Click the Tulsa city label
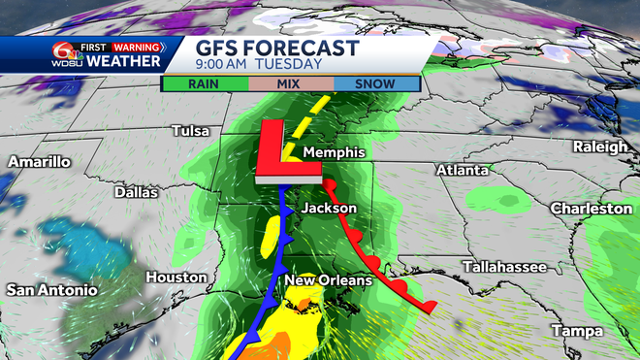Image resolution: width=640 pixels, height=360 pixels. tap(191, 131)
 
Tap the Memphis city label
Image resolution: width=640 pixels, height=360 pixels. tap(333, 153)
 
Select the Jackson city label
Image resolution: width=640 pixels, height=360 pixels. tap(329, 209)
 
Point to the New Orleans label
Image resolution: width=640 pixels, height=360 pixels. tap(328, 280)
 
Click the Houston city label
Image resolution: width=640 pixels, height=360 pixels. tap(176, 278)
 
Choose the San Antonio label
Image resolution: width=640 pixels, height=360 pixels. tap(51, 290)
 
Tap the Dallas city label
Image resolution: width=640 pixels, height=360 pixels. tap(136, 192)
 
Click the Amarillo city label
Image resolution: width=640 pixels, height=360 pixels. tap(39, 161)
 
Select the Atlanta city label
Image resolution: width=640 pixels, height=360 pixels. tap(462, 170)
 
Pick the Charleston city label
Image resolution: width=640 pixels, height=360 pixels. tap(592, 209)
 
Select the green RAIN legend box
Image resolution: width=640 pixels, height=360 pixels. tap(203, 84)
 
